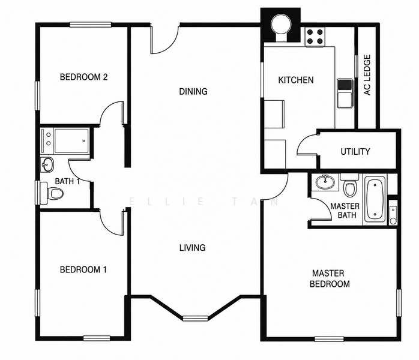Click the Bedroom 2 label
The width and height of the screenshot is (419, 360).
point(83,77)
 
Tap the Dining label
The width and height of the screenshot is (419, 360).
point(193,92)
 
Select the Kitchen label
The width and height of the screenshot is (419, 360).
point(296,80)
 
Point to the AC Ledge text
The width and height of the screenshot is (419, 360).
point(367,75)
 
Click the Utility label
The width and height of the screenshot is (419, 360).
point(355,152)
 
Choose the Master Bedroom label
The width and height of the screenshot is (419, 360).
point(330,278)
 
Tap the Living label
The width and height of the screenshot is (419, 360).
point(193,248)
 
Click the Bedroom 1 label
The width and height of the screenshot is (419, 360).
point(83,269)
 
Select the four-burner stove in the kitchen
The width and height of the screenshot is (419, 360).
point(315,37)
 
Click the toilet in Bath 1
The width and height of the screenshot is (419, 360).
point(52,193)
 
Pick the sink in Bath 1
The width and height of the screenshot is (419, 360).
point(47,165)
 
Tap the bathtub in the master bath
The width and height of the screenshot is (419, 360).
point(375,199)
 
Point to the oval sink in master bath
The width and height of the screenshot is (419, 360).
point(325,182)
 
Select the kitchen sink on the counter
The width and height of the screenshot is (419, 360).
point(345,93)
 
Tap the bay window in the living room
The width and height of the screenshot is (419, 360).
point(195,318)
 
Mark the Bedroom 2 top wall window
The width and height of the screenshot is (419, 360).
point(91,25)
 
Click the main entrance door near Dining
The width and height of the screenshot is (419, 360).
point(165,40)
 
